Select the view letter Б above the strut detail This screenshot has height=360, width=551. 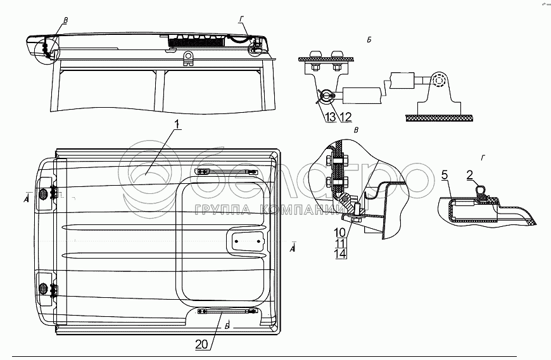pyautogui.click(x=369, y=41)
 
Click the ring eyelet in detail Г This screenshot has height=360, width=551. pyautogui.click(x=480, y=189)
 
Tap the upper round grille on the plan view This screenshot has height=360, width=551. pyautogui.click(x=44, y=194)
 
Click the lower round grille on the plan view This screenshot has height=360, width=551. pyautogui.click(x=44, y=288)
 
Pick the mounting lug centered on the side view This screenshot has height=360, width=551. pyautogui.click(x=188, y=58)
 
